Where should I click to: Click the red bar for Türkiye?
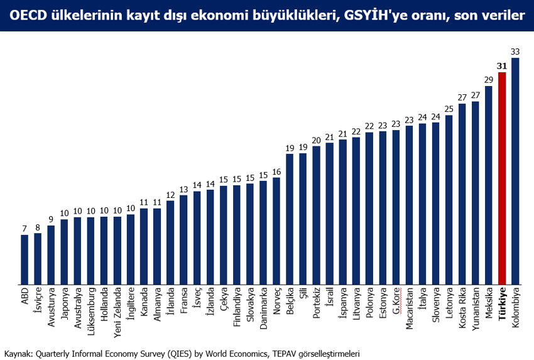(x=502, y=179)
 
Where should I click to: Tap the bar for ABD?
(x=25, y=259)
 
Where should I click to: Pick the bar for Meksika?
(x=489, y=185)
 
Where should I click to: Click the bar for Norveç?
(x=276, y=231)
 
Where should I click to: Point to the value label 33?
(x=515, y=52)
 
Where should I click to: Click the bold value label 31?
(x=502, y=66)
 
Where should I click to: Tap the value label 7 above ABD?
(x=25, y=229)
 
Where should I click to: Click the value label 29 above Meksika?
(x=489, y=80)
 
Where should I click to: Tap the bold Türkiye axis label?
(x=503, y=305)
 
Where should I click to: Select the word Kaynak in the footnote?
(x=16, y=353)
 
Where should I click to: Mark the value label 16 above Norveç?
(x=276, y=172)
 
